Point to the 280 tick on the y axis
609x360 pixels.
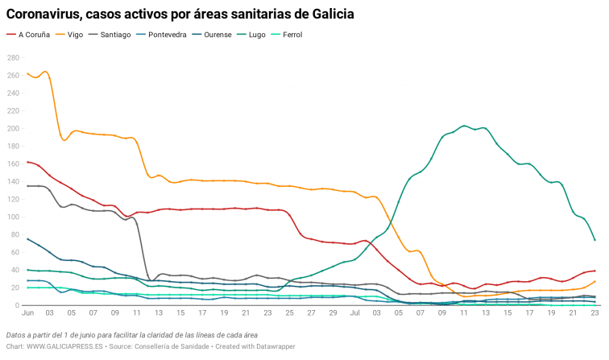[x=14, y=58]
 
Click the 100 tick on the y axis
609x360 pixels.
[x=14, y=217]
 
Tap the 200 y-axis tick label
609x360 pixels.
[x=14, y=129]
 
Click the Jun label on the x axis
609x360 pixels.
[x=28, y=312]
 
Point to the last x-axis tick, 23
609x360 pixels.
[x=594, y=312]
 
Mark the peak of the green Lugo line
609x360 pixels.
[x=465, y=126]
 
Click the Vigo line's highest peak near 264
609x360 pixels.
[x=44, y=72]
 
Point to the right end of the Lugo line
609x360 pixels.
[x=594, y=240]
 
